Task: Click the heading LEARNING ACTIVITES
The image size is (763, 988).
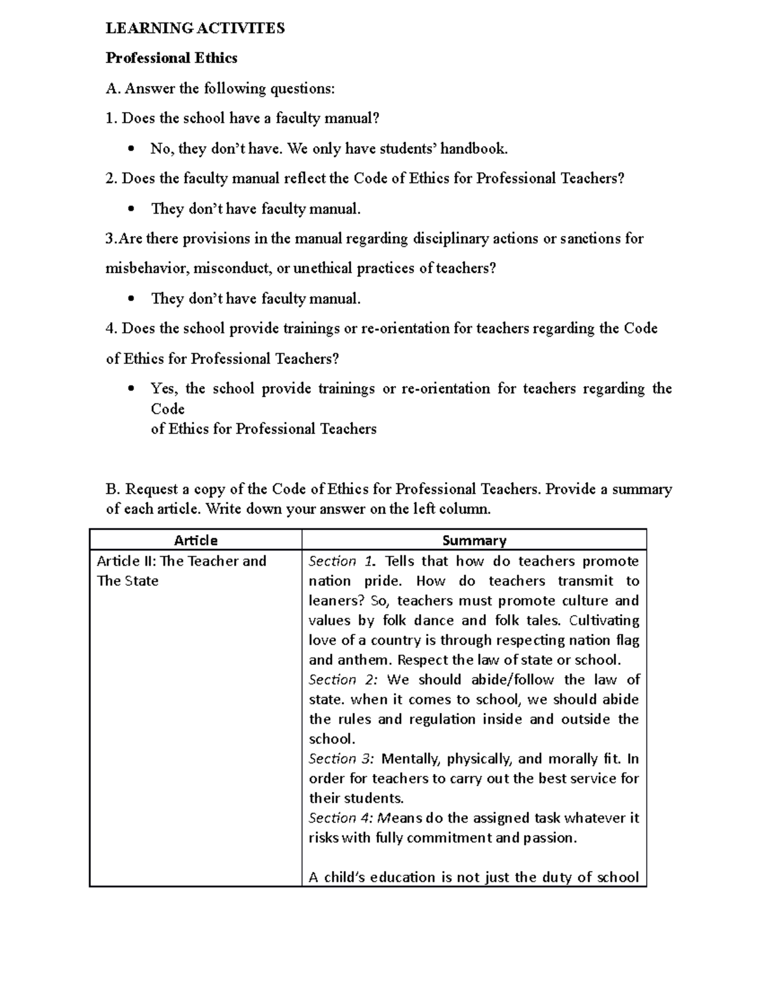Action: coord(195,28)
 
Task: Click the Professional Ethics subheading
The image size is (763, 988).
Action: coord(171,58)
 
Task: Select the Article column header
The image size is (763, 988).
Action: coord(195,540)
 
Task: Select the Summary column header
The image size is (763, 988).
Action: coord(474,540)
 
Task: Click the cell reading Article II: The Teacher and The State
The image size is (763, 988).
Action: coord(181,571)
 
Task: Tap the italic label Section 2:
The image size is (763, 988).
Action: coord(343,679)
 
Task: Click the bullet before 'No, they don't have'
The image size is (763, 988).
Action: coord(131,150)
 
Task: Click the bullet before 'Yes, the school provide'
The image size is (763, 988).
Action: coord(131,389)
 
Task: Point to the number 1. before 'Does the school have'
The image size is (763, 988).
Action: coord(111,118)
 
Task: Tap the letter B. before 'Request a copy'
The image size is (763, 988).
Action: coord(113,489)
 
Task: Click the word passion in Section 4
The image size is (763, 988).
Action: coord(549,837)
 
